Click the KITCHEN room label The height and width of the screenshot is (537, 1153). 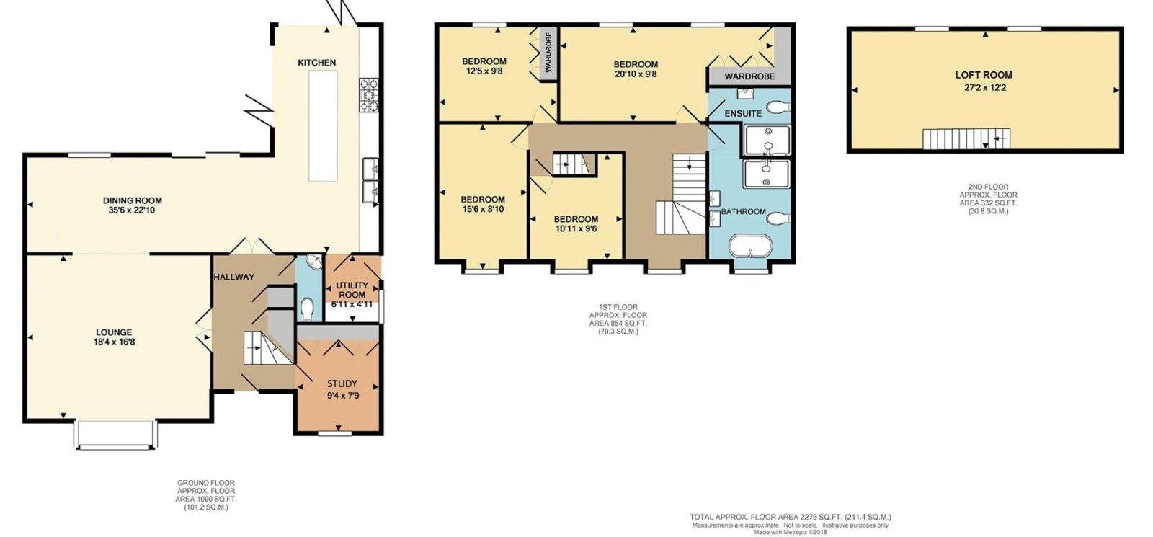316,63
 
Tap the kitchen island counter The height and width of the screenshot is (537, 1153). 323,126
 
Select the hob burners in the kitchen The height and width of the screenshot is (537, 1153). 369,94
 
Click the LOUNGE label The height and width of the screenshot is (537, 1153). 114,332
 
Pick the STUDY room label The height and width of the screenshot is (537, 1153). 342,383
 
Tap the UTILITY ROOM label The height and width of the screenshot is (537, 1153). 352,290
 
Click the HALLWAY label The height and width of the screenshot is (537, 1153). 234,277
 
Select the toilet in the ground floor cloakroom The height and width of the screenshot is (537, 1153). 307,309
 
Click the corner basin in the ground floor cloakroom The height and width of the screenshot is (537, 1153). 314,262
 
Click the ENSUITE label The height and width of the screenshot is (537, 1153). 743,113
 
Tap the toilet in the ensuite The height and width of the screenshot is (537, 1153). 778,107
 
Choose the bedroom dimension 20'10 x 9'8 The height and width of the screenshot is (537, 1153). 635,74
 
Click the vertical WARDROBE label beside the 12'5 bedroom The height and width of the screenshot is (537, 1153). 548,52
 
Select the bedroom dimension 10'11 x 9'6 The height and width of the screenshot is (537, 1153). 576,228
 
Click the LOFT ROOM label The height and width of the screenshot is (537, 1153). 984,75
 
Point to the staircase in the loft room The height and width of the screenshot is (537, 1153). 966,139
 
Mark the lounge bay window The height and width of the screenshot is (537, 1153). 115,435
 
